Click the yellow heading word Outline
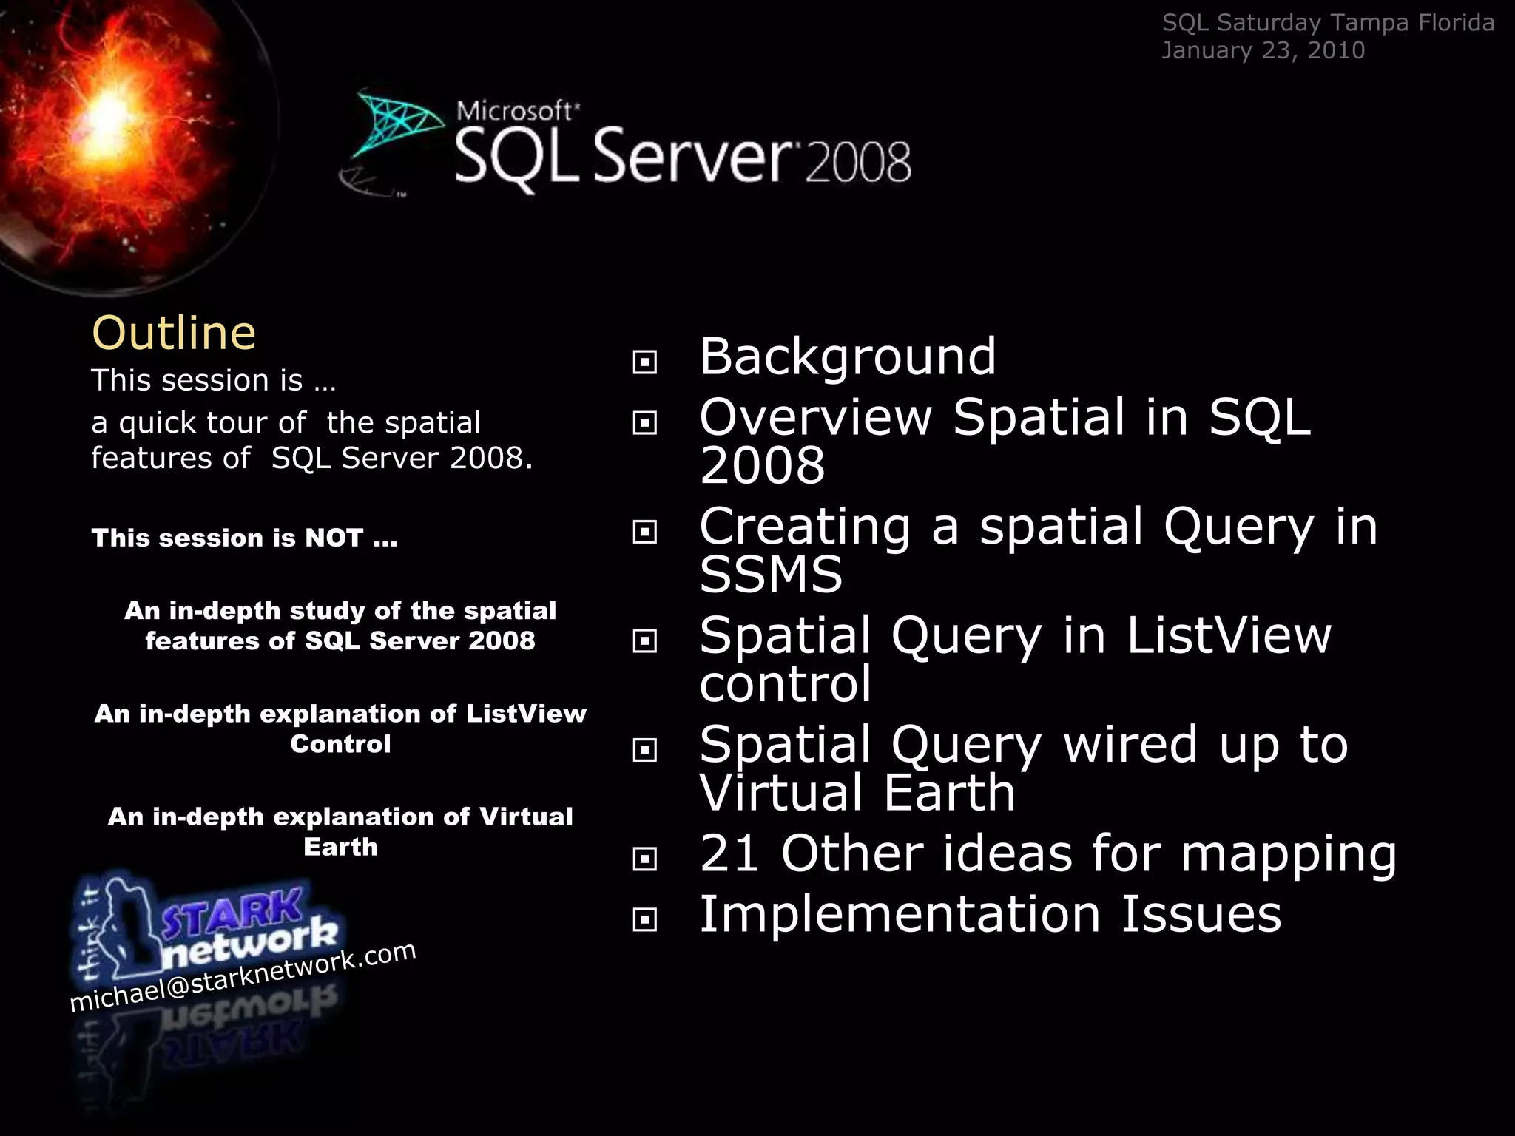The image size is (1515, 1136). pos(174,333)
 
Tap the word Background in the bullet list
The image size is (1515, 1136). pos(848,356)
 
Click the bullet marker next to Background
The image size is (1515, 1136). pos(645,362)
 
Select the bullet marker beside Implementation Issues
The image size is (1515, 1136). pos(645,920)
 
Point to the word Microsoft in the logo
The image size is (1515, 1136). pos(515,111)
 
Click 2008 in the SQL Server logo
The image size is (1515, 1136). pos(858,163)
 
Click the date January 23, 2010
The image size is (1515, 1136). pos(1263,50)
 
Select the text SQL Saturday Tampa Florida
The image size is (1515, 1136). pos(1328,23)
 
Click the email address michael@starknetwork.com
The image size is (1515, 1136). pos(243,977)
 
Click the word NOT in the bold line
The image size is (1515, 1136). pos(334,538)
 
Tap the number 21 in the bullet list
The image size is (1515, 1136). pos(729,853)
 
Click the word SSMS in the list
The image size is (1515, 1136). pos(771,575)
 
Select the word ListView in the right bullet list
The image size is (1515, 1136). pos(1229,635)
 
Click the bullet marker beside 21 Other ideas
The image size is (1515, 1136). pos(645,859)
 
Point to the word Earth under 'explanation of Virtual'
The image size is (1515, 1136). pos(340,847)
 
